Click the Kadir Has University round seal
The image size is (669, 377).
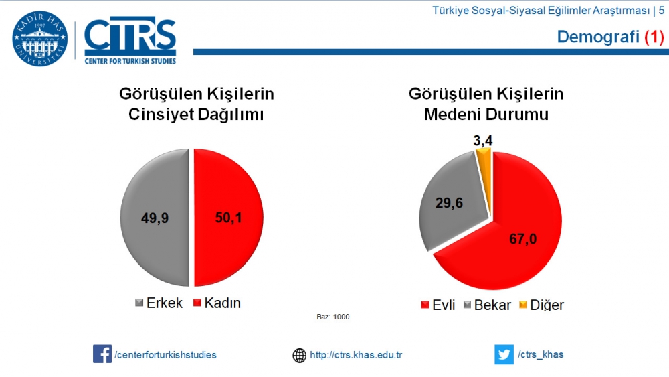(x=40, y=39)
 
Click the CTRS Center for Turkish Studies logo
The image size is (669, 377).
(x=130, y=40)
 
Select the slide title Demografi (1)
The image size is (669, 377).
(x=610, y=37)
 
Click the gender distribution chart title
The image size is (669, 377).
(x=196, y=104)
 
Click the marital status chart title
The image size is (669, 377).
(x=486, y=104)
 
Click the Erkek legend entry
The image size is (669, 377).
(x=159, y=303)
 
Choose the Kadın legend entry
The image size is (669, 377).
(x=217, y=303)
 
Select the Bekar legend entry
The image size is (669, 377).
(x=486, y=305)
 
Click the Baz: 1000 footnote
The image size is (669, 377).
(x=332, y=317)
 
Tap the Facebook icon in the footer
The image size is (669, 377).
(x=102, y=354)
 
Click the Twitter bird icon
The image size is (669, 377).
(x=503, y=354)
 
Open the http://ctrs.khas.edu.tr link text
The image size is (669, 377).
(x=356, y=355)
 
